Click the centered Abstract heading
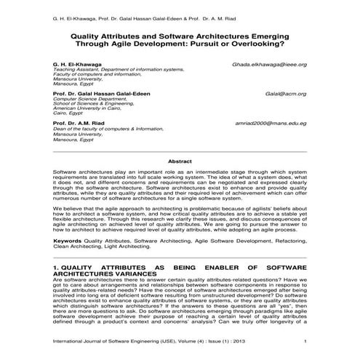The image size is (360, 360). click(180, 161)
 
